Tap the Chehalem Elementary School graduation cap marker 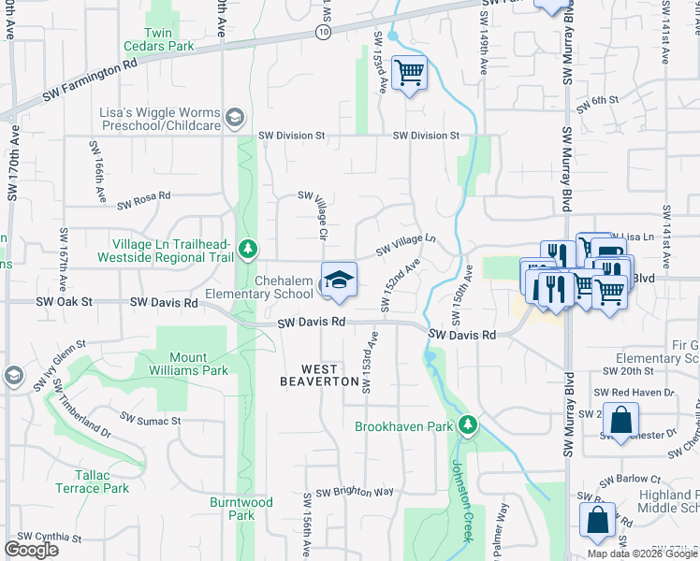[x=339, y=280]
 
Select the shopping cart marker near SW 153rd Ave [x=409, y=72]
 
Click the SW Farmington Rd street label [x=89, y=83]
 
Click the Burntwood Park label [x=241, y=509]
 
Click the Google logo [x=32, y=550]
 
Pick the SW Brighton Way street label [x=354, y=492]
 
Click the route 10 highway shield [x=323, y=32]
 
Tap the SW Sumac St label [x=150, y=421]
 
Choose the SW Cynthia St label [x=48, y=538]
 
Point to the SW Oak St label [x=65, y=302]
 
